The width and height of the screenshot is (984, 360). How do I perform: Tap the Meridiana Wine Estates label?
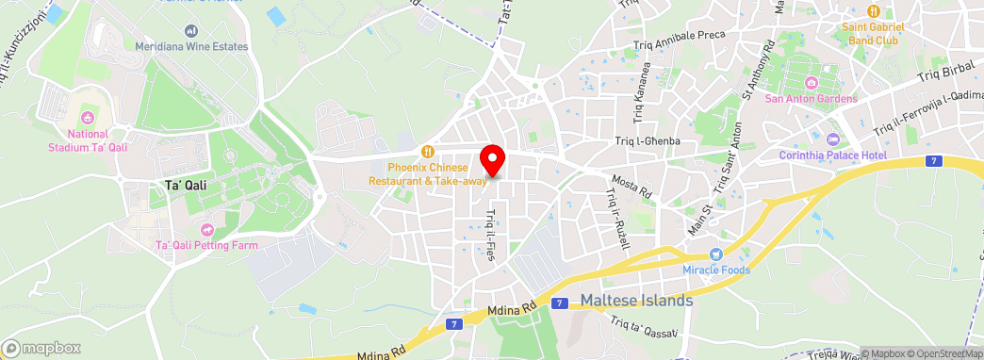(x=191, y=46)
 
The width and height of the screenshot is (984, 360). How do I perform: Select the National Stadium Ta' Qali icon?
(x=90, y=119)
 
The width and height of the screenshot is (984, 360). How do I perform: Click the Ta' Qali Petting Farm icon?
(x=206, y=230)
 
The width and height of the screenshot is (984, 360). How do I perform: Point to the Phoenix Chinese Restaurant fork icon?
(x=428, y=151)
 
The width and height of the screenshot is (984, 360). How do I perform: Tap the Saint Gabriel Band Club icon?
(x=874, y=11)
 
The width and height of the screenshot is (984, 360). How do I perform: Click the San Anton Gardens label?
(x=811, y=99)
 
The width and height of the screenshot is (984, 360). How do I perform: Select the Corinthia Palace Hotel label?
(x=833, y=155)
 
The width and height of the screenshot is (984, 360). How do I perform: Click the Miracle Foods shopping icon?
(x=715, y=254)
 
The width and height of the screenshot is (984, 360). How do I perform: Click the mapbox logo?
(x=41, y=348)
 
